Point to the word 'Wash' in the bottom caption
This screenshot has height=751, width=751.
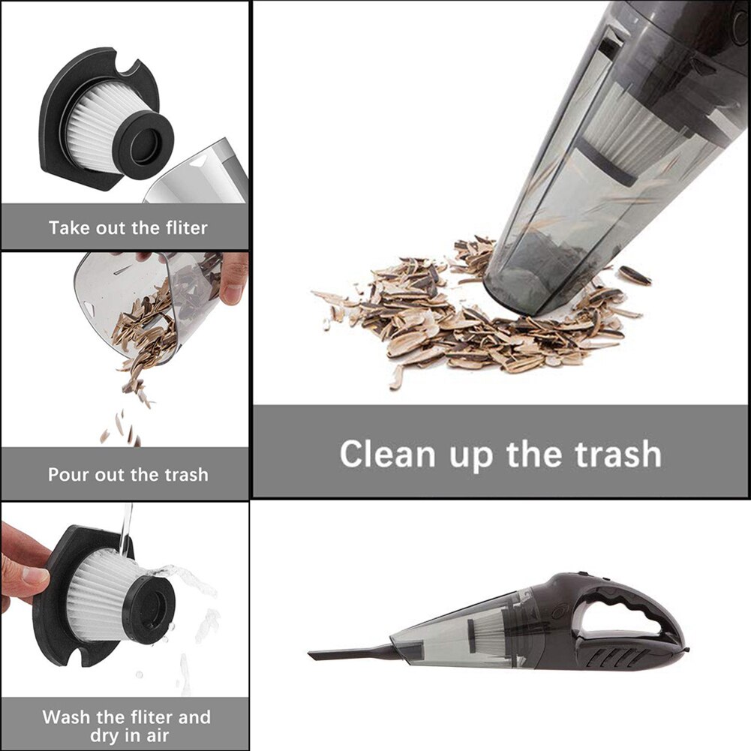point(65,717)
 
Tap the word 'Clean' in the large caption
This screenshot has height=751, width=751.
point(388,454)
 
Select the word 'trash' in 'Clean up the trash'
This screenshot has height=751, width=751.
point(618,454)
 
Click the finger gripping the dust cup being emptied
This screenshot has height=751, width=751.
point(233,279)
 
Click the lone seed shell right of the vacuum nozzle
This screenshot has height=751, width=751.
point(635,275)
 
